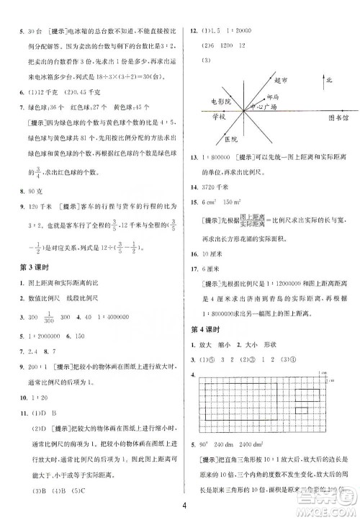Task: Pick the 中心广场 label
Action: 260,107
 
